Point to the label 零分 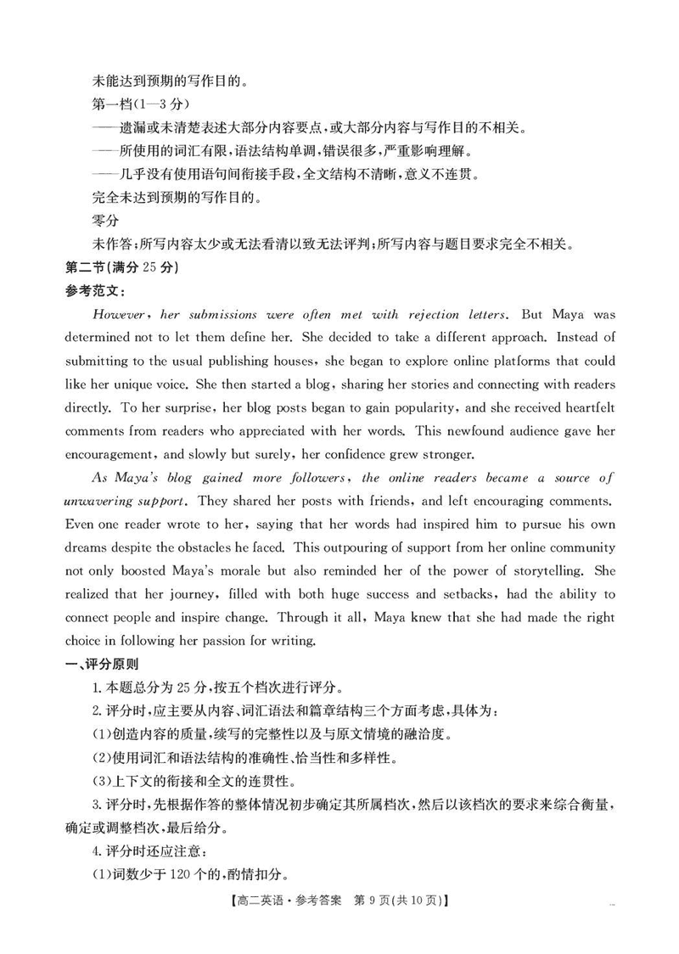coord(104,221)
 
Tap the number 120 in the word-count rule coord(193,875)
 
